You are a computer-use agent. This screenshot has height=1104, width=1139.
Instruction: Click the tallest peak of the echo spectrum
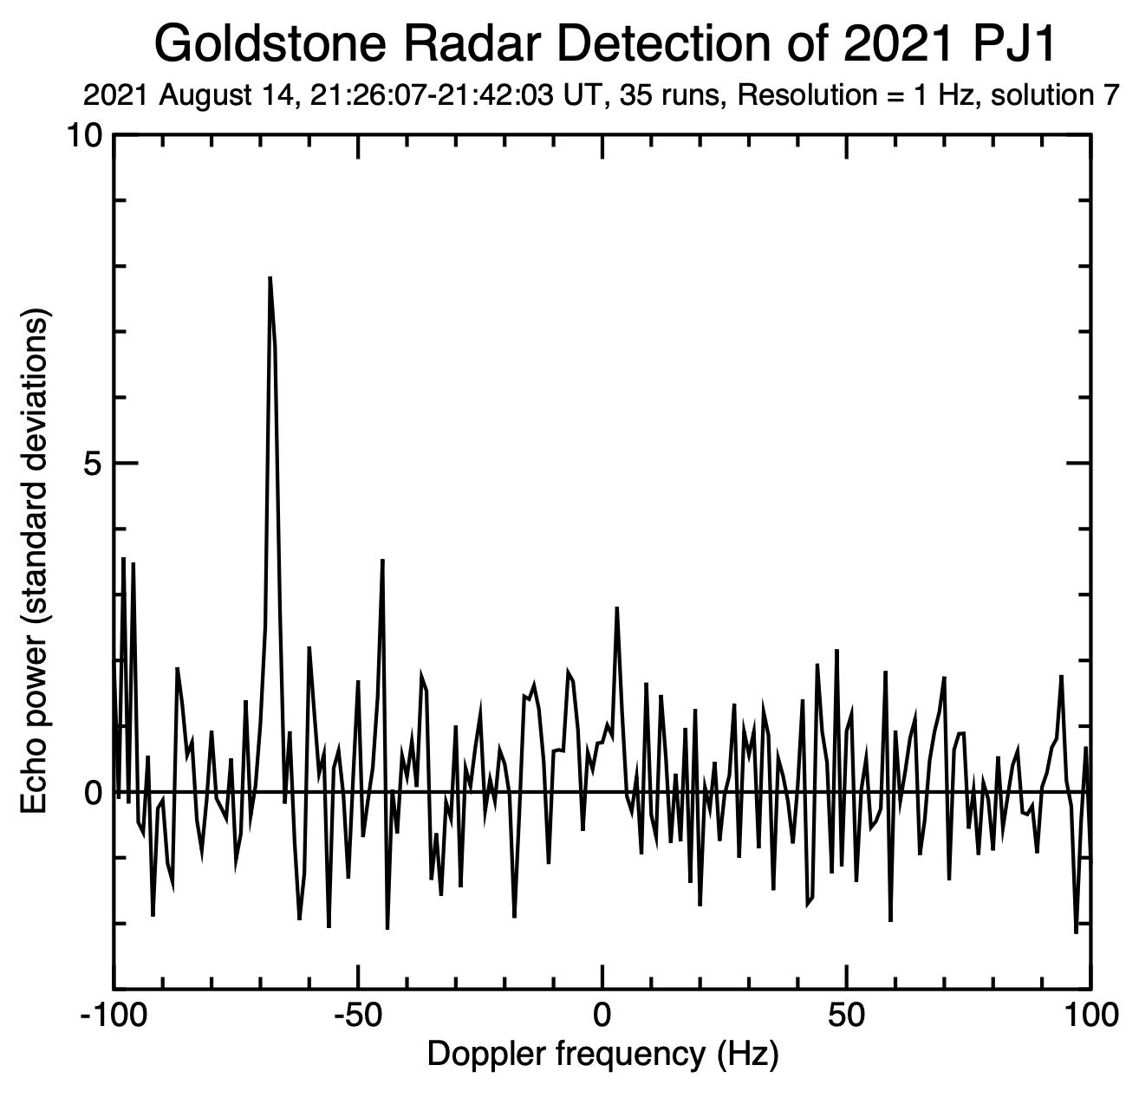pos(270,279)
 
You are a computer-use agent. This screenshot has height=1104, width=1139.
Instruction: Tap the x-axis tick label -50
pos(357,1015)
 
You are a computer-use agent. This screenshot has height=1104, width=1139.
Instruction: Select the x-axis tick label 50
pos(846,1015)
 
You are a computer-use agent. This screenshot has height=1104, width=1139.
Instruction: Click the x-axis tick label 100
pos(1089,1015)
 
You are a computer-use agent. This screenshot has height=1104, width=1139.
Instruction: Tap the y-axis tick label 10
pos(85,135)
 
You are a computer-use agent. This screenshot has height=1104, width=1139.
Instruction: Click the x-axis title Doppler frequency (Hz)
pos(602,1055)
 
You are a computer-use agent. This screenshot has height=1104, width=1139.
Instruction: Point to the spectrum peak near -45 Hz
pos(382,562)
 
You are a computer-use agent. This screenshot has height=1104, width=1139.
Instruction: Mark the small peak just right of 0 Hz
pos(616,608)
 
